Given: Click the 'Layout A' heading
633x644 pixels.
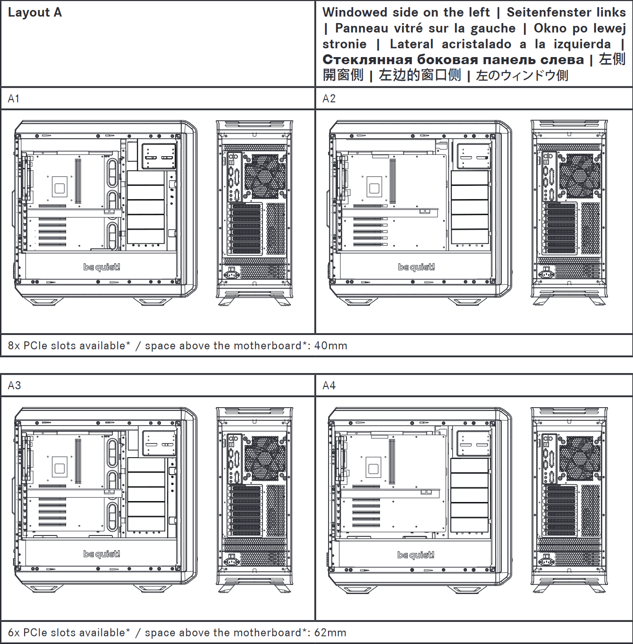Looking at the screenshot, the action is [x=35, y=13].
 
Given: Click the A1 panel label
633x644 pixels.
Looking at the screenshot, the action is [x=14, y=99].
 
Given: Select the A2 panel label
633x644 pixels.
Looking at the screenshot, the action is [x=329, y=99].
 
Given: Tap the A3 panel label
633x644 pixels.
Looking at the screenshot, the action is [x=14, y=385].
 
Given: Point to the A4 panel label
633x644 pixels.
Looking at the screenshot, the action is [x=329, y=385].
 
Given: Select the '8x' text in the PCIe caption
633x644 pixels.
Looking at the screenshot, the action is [x=14, y=345].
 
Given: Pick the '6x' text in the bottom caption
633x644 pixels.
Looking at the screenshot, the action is [x=14, y=632].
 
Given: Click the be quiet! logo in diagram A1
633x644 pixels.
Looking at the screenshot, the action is [x=101, y=267].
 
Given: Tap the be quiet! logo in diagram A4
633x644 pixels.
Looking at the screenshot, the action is [x=416, y=555].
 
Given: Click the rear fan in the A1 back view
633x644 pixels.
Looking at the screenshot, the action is [x=265, y=176].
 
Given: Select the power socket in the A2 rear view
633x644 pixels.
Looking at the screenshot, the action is [x=547, y=274].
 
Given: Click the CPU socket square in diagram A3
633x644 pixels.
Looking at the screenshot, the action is [x=59, y=468].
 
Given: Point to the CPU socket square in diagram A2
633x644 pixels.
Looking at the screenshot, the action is [x=374, y=188].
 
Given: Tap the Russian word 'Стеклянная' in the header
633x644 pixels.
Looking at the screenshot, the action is [x=367, y=59].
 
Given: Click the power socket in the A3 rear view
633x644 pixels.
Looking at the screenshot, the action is [x=232, y=561].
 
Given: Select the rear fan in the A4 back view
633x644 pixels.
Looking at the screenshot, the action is [x=580, y=458].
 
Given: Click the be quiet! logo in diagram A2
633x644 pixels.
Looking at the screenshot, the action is [x=416, y=267].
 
